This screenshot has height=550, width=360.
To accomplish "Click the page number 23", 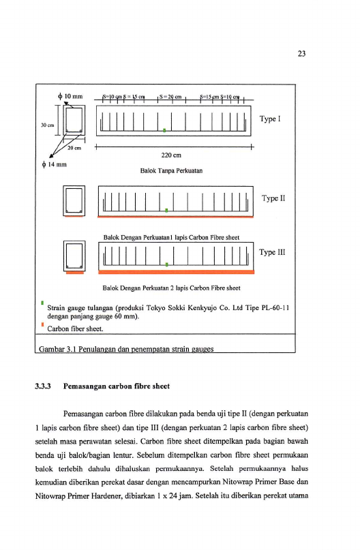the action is click(301, 54).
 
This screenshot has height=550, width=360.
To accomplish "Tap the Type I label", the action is click(270, 119).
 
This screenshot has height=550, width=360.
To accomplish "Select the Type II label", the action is click(273, 198).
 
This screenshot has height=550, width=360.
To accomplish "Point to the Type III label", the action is click(272, 252).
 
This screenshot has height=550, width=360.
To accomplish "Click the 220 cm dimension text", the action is click(171, 155).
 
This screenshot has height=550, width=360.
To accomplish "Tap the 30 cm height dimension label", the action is click(47, 125).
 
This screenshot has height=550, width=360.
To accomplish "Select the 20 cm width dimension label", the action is click(74, 148).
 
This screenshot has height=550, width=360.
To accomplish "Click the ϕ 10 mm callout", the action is click(70, 96).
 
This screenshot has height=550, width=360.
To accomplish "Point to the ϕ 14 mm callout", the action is click(55, 164).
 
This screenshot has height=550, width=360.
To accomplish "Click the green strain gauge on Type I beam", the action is click(164, 130).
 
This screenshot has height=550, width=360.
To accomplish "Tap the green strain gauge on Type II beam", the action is click(166, 210).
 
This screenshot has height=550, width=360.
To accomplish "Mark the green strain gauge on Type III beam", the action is click(166, 264).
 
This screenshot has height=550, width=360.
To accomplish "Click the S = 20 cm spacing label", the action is click(170, 96).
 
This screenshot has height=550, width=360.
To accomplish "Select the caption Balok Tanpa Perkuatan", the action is click(171, 171).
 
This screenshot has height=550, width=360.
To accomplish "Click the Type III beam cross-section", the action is click(74, 256).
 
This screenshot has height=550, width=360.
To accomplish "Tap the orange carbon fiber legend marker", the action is click(42, 324).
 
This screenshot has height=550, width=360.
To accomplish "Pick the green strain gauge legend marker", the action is click(42, 303).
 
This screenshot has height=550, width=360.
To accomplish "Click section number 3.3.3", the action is click(43, 386).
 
